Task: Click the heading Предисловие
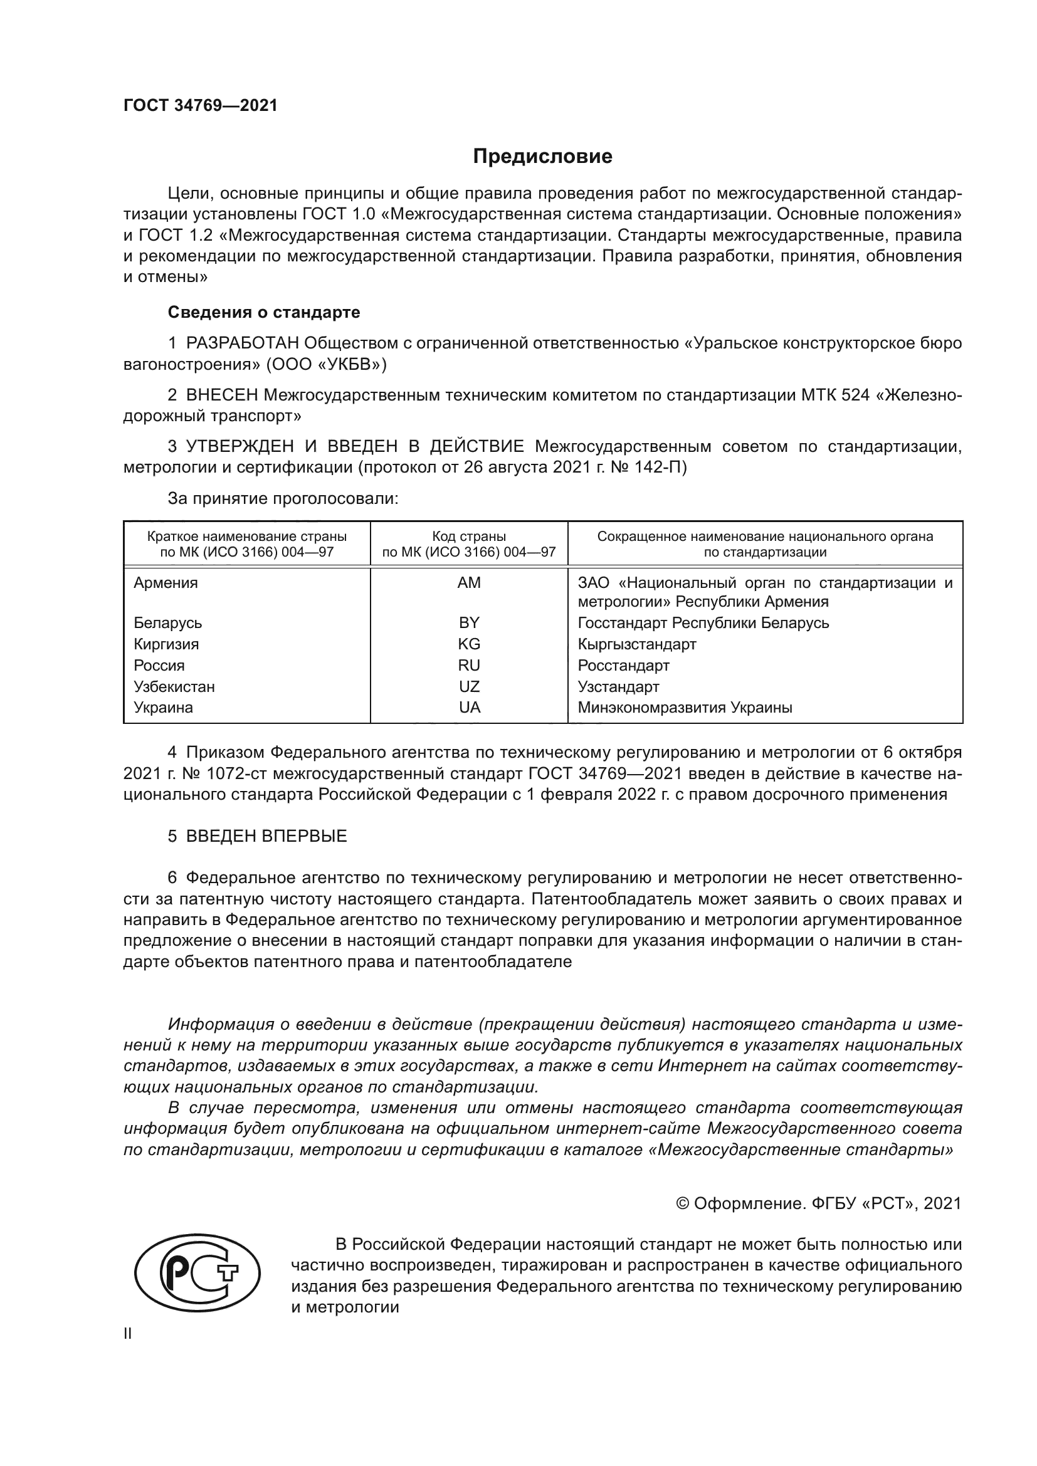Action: point(542,157)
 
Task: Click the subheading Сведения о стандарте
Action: point(264,312)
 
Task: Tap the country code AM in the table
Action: point(469,583)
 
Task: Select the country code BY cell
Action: point(469,622)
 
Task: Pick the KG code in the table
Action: point(469,644)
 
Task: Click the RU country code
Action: point(469,666)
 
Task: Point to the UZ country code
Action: point(469,687)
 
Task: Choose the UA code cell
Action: point(469,708)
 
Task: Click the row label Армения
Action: point(166,583)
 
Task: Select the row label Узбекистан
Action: point(174,687)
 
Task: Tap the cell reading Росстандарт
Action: point(623,666)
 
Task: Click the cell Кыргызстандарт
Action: point(636,644)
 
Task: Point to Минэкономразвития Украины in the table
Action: point(685,708)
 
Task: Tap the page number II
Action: point(128,1334)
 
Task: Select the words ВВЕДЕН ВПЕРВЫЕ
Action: point(266,837)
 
